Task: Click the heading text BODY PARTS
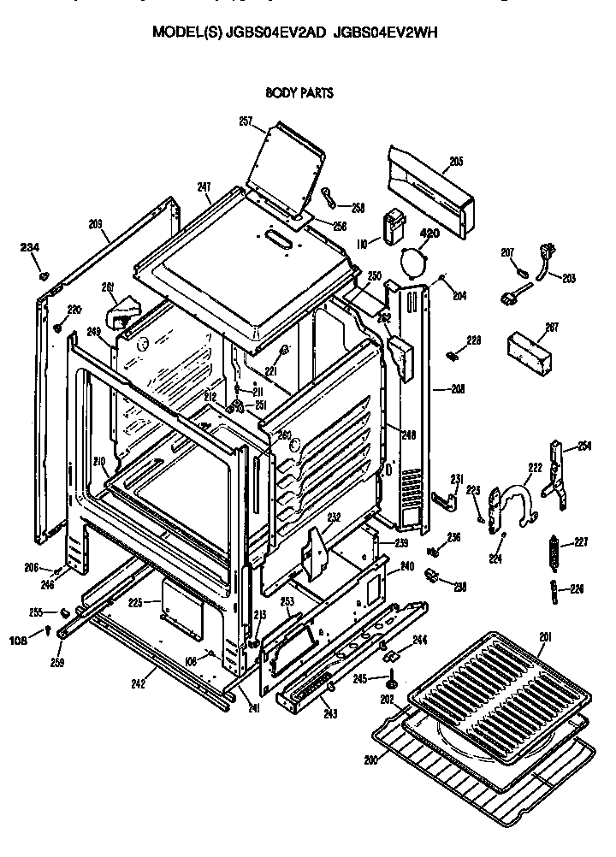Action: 299,92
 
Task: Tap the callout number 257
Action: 246,121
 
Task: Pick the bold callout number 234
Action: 31,248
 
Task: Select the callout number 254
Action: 584,446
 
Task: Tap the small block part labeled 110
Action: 395,228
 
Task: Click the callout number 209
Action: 95,224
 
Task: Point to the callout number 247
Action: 204,186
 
